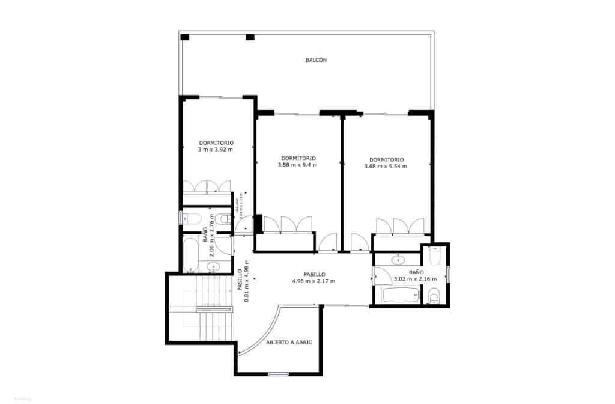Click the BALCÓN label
[316, 60]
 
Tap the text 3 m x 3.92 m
[216, 150]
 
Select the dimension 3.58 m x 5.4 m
[298, 165]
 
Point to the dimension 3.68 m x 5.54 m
[386, 167]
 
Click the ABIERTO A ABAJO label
[289, 342]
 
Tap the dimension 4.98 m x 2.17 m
[314, 281]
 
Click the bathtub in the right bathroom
[402, 295]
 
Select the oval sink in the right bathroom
[398, 260]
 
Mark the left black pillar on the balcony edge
[185, 37]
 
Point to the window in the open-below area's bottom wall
[279, 375]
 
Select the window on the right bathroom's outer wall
[447, 274]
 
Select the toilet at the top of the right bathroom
[435, 257]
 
